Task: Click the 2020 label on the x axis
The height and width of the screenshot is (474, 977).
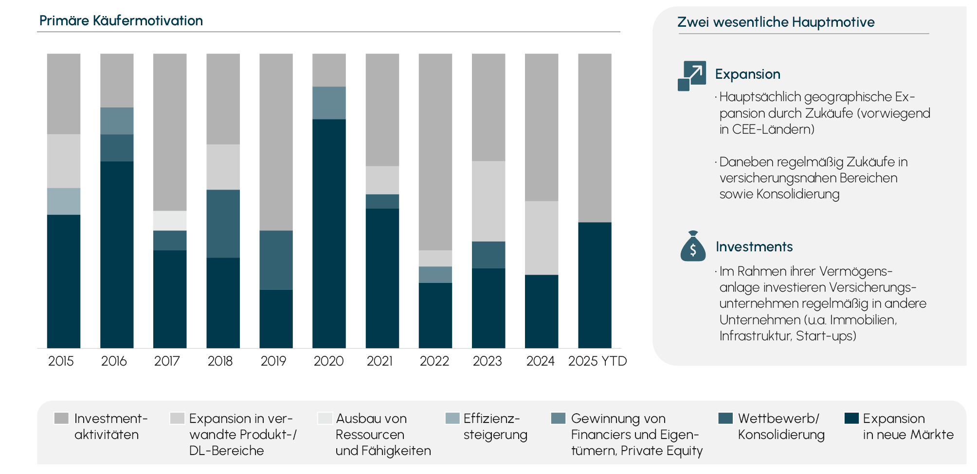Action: (328, 361)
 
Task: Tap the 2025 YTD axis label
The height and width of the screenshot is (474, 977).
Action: (597, 361)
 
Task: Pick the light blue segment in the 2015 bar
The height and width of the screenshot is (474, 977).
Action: (64, 201)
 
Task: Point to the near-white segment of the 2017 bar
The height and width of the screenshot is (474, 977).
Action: (170, 221)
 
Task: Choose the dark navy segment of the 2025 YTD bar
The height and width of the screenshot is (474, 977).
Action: (595, 285)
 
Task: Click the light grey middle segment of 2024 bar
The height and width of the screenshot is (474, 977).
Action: (542, 238)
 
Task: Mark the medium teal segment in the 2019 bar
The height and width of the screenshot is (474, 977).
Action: (276, 260)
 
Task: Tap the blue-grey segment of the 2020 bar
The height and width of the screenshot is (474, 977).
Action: (329, 103)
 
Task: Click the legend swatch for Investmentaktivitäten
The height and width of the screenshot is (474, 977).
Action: (61, 419)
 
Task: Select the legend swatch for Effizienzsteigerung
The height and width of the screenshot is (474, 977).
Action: (452, 419)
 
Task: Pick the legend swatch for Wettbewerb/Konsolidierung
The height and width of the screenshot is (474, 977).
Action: (725, 419)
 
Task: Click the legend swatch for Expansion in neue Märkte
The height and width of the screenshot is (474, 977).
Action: (851, 419)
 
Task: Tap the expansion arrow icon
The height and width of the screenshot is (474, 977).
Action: (692, 76)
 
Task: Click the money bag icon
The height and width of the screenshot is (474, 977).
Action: (693, 246)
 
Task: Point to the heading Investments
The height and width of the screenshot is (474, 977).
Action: (754, 247)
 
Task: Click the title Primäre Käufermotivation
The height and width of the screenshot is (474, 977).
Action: (121, 21)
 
